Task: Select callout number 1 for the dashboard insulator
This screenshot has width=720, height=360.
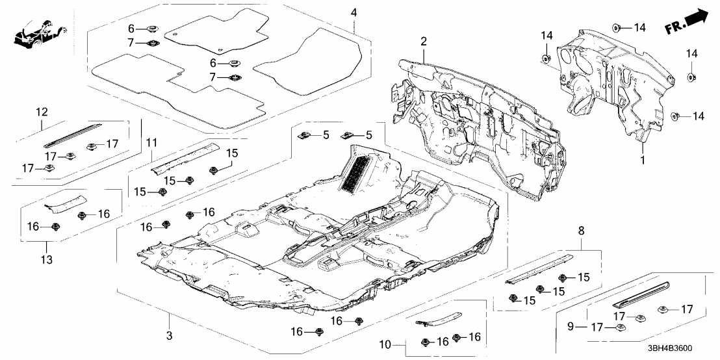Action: tap(642, 158)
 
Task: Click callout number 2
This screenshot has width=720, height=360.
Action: tap(423, 42)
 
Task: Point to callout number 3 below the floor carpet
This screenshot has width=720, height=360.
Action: tap(168, 335)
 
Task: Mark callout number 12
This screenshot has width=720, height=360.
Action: tap(42, 112)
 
